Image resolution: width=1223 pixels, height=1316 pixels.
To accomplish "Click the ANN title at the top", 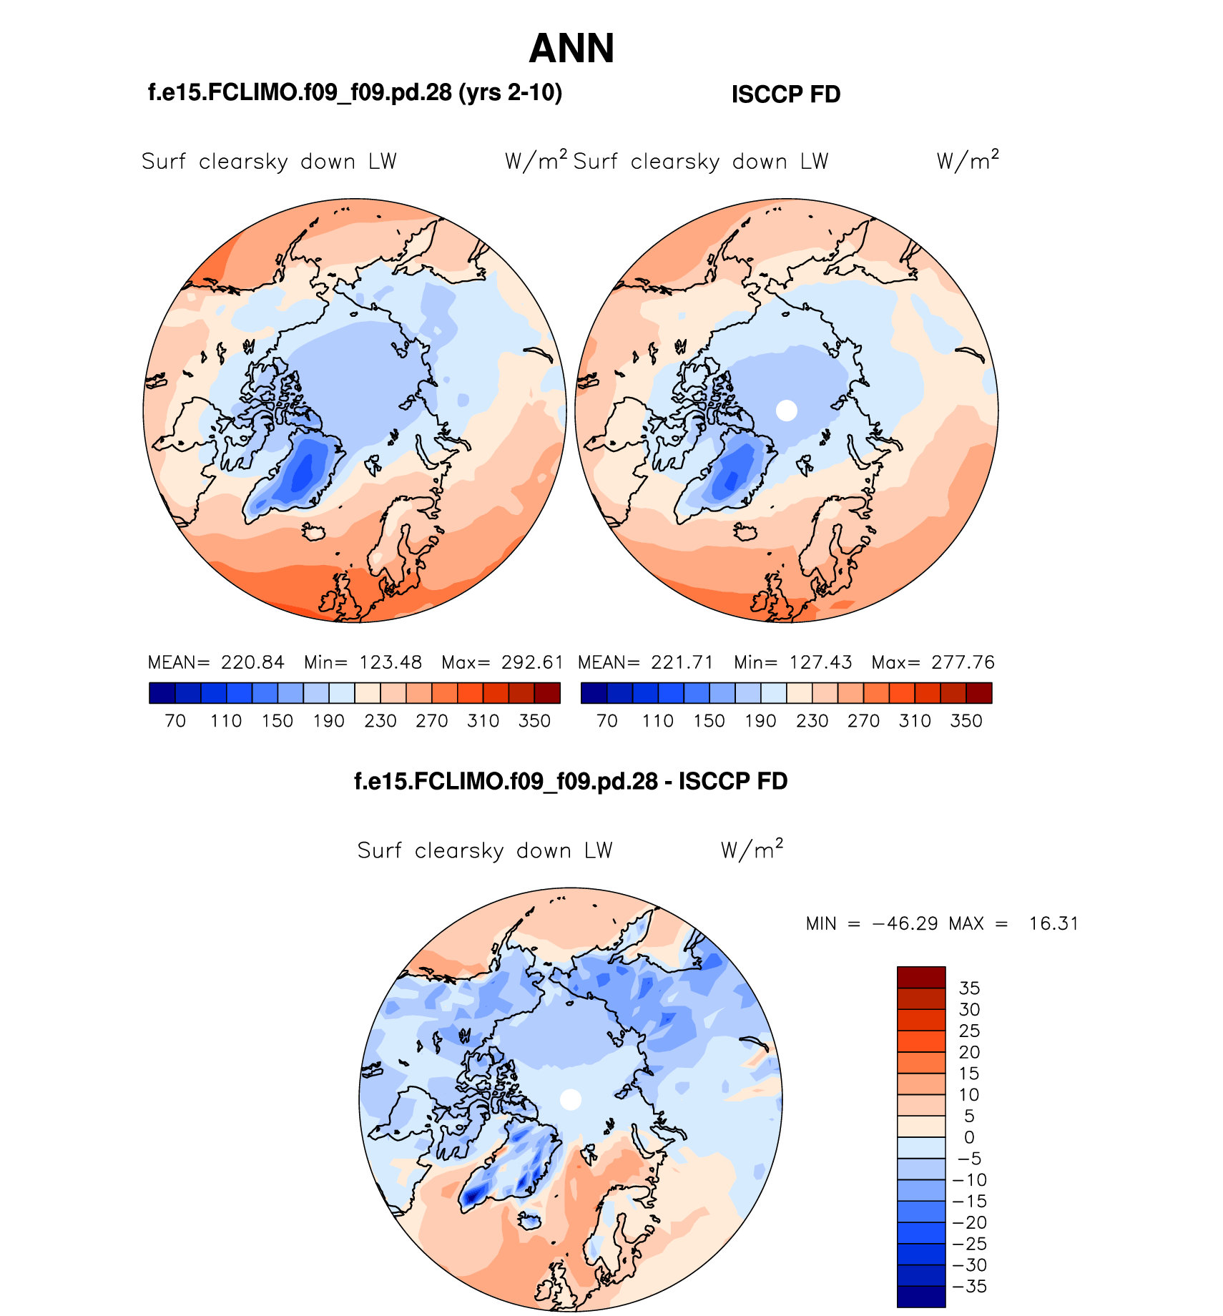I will point(571,49).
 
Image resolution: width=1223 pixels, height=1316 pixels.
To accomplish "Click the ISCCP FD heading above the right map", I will point(785,94).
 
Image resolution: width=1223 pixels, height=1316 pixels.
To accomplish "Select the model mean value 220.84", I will point(252,662).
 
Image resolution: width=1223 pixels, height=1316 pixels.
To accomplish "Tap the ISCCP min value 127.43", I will point(820,662).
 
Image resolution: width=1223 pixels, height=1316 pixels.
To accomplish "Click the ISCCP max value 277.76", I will point(963,662).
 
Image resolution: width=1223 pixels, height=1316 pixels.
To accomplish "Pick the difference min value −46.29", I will point(904,923).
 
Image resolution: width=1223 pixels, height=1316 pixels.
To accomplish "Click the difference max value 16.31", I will point(1053,923).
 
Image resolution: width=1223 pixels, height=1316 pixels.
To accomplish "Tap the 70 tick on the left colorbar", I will point(175,721).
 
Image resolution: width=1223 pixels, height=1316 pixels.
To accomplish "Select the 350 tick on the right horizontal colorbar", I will point(966,721).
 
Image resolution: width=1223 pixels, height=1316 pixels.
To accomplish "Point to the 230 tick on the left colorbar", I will point(380,721).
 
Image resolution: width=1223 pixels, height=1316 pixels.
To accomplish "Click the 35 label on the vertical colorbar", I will point(969,988).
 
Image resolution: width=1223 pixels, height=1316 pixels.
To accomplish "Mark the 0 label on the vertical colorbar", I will point(969,1137).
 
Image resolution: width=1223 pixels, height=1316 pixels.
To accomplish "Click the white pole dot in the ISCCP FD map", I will point(786,411).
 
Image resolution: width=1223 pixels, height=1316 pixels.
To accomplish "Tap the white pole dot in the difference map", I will point(570,1099).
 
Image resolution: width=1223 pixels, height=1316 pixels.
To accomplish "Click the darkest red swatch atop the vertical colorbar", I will point(921,977).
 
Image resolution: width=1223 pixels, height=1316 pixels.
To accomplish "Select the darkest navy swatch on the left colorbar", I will point(162,693).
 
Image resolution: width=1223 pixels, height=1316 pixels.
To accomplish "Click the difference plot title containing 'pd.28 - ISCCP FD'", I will point(571,781).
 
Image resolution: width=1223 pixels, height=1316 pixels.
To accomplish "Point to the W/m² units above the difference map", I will point(752,850).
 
